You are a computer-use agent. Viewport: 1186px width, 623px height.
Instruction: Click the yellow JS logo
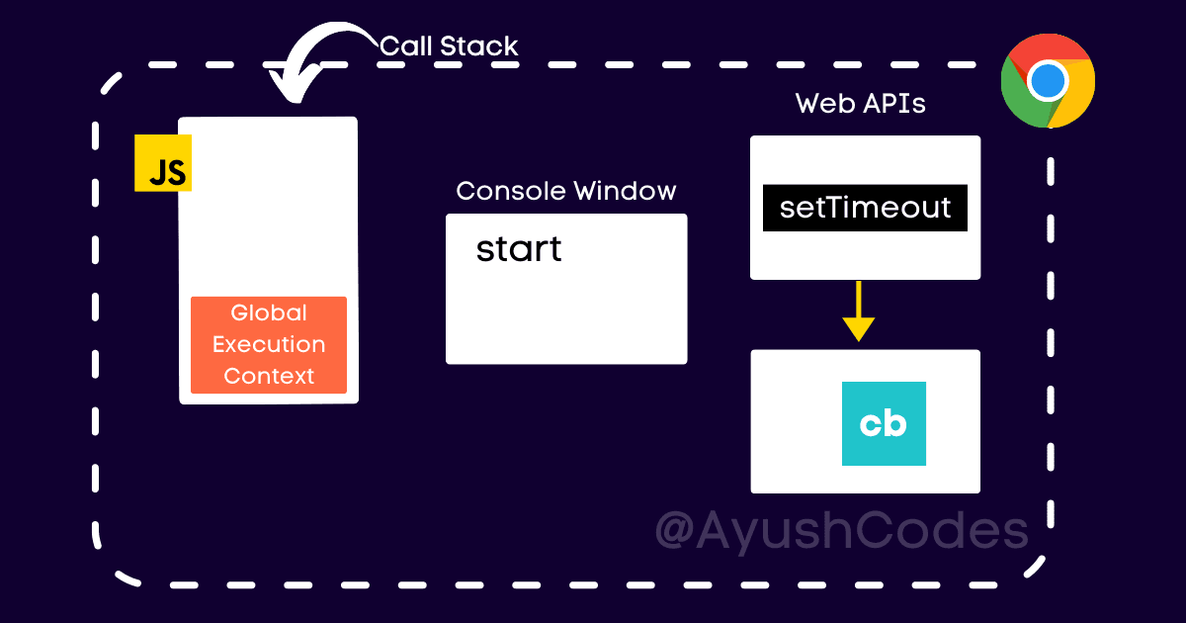click(163, 163)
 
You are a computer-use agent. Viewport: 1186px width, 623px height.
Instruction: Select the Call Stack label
click(449, 45)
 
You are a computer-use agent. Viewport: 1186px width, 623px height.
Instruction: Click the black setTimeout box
click(865, 208)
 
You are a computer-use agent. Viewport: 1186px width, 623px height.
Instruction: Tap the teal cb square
click(884, 423)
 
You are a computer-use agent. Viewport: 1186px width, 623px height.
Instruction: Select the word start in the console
click(519, 248)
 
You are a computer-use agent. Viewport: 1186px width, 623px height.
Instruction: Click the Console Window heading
click(566, 191)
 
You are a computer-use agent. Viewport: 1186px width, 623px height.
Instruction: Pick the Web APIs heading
click(861, 104)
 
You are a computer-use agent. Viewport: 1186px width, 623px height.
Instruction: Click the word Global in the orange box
click(269, 313)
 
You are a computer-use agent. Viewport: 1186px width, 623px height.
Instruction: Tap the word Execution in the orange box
click(269, 345)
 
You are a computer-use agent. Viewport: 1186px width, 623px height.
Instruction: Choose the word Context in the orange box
click(269, 376)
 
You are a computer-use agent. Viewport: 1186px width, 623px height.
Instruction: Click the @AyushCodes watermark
click(842, 531)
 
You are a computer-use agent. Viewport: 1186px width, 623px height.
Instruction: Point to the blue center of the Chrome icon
click(1048, 81)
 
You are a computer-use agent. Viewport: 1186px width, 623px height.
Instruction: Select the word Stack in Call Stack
click(481, 45)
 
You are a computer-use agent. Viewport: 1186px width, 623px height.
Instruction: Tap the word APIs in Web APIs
click(892, 104)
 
